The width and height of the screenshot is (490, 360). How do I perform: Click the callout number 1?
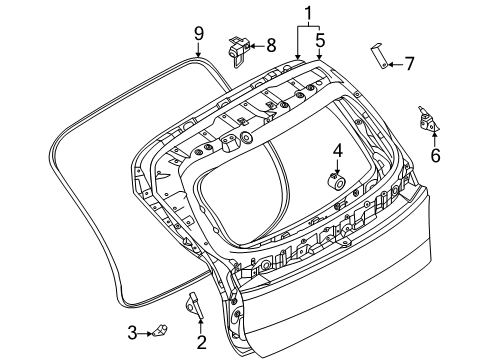pos(309,13)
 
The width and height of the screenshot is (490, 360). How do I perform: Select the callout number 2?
pos(200,344)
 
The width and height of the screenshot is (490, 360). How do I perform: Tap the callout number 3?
pos(132,331)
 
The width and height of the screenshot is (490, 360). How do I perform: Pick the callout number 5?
pos(320,41)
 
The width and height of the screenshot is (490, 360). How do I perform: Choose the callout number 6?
pos(435,155)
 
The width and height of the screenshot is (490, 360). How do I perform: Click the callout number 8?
pos(269,46)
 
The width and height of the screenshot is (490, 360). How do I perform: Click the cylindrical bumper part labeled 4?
pos(335,181)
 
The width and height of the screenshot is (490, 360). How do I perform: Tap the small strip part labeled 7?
pos(380,57)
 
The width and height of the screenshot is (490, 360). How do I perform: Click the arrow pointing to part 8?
pos(255,46)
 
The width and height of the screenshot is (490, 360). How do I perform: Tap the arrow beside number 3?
pos(147,331)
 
